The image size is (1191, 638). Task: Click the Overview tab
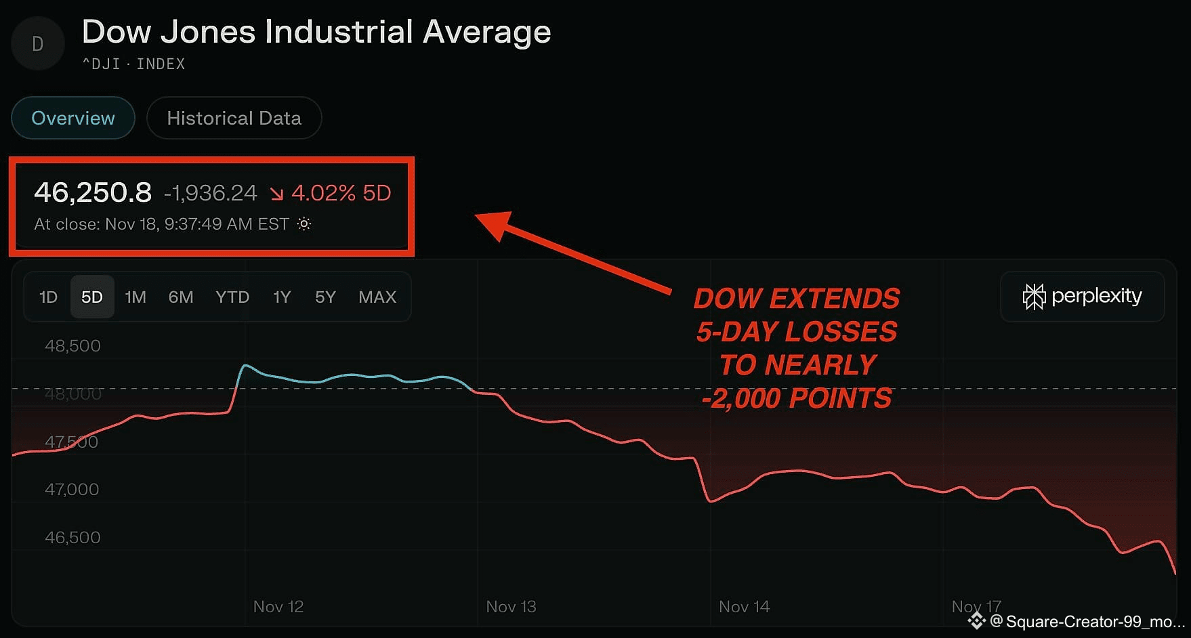(x=73, y=118)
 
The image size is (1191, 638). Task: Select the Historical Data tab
(x=234, y=118)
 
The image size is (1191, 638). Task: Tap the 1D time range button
(x=48, y=297)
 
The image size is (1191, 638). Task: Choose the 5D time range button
(x=92, y=297)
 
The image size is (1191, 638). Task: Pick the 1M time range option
(x=135, y=297)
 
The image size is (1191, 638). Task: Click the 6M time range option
(x=181, y=297)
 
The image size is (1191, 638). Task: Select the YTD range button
(x=232, y=297)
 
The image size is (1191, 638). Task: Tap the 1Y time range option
(x=282, y=297)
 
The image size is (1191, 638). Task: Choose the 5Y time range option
(x=325, y=297)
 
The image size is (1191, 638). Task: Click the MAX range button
(x=377, y=297)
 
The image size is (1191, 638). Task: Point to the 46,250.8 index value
(x=93, y=193)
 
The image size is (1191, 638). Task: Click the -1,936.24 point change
(x=211, y=194)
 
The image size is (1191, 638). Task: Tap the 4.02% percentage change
(x=323, y=193)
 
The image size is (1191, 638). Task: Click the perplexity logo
(x=1082, y=297)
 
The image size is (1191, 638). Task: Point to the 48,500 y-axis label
(x=72, y=346)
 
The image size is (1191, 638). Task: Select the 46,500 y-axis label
(x=72, y=538)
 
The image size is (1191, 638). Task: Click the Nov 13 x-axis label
(x=511, y=607)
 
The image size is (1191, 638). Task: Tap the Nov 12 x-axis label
(x=278, y=607)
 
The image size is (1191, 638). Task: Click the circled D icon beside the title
(x=38, y=44)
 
